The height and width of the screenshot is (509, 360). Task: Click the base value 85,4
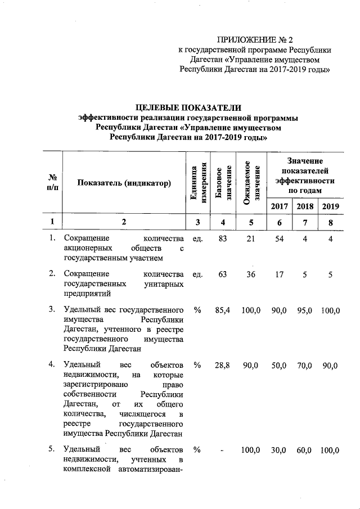pyautogui.click(x=223, y=310)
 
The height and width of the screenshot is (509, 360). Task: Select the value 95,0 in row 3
pyautogui.click(x=305, y=310)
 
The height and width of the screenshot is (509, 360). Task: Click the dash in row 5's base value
pyautogui.click(x=223, y=451)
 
